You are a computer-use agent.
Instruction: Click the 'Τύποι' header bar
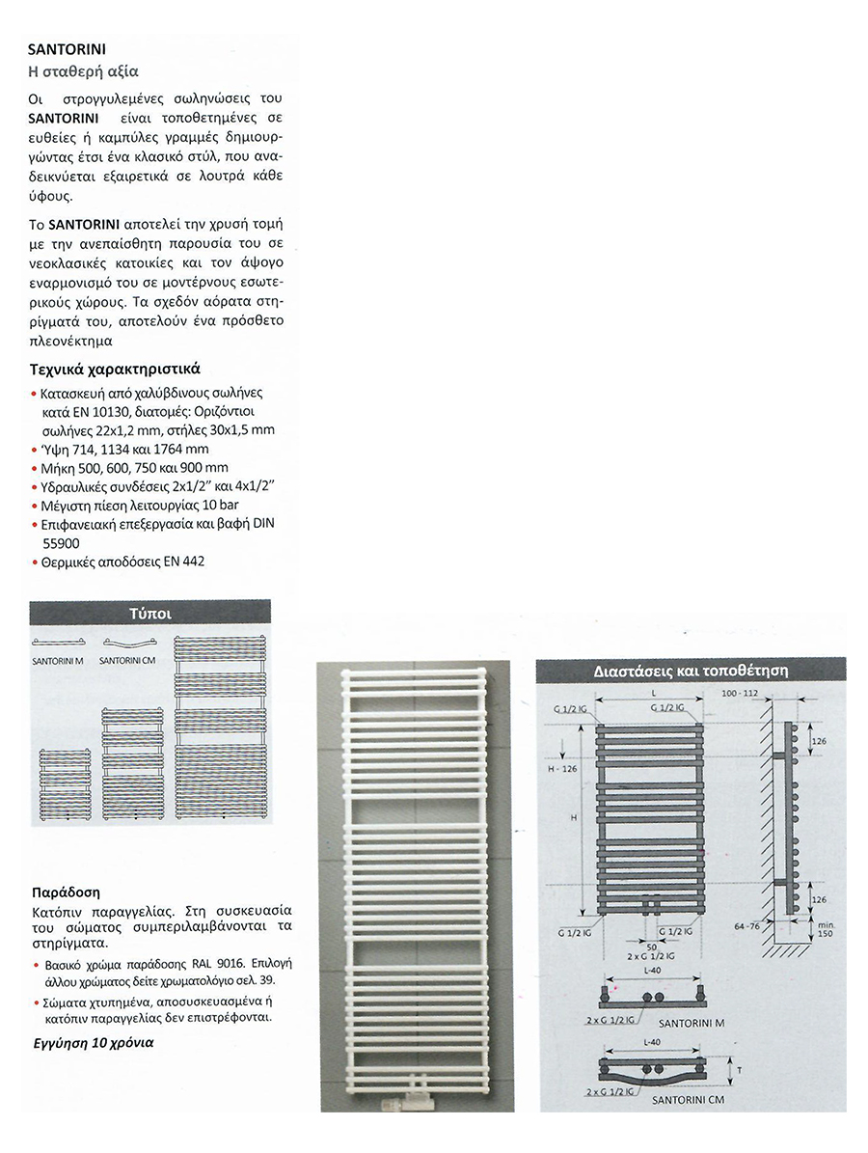click(x=149, y=612)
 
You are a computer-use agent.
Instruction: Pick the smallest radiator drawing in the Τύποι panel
click(x=63, y=785)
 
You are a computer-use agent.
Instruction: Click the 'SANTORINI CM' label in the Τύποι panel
click(x=127, y=661)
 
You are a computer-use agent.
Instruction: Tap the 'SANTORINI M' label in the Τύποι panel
click(x=58, y=661)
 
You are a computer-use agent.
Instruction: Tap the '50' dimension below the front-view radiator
click(x=653, y=947)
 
